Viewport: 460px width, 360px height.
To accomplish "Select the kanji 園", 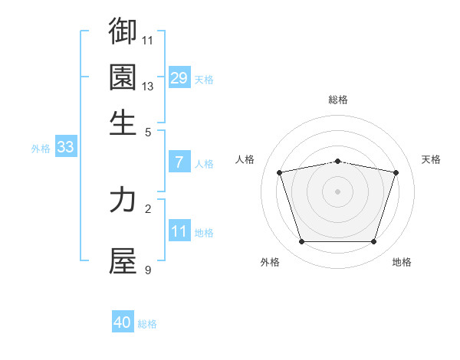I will (x=123, y=77).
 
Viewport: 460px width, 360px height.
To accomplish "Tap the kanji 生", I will (x=123, y=122).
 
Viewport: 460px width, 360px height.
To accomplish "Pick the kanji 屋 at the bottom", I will (x=123, y=261).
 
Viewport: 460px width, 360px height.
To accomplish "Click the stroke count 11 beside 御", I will (x=148, y=40).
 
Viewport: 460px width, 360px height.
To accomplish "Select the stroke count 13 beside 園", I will (x=148, y=87).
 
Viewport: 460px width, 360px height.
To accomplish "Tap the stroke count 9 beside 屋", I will (x=148, y=270).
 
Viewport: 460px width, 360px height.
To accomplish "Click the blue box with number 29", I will (x=179, y=77).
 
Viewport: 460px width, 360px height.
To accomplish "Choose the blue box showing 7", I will (x=179, y=162).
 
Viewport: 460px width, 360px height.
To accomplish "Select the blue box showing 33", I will (x=65, y=147).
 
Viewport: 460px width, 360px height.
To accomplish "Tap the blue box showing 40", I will (x=122, y=322).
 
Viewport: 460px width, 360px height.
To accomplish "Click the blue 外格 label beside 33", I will (x=41, y=149).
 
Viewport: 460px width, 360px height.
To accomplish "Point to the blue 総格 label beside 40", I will (x=147, y=324).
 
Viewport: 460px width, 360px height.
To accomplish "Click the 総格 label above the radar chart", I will (x=338, y=100).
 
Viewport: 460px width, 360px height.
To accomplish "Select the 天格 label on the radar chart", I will (x=432, y=159).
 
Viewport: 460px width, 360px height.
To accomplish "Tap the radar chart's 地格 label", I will (x=402, y=262).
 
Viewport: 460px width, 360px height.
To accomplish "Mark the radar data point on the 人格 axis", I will (x=280, y=172).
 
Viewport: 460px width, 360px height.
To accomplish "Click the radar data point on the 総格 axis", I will (x=338, y=161).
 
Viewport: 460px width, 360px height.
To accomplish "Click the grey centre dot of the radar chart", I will (x=338, y=191).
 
